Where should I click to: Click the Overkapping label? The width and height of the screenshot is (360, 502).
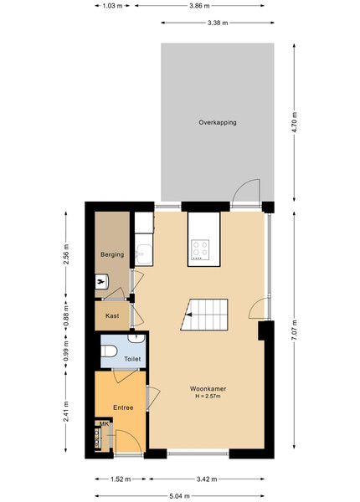pyautogui.click(x=218, y=123)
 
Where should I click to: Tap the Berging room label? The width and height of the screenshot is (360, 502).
pyautogui.click(x=112, y=255)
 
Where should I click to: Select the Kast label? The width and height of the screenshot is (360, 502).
pyautogui.click(x=112, y=315)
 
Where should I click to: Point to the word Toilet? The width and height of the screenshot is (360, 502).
pyautogui.click(x=132, y=359)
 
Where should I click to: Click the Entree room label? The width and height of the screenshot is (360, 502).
pyautogui.click(x=123, y=407)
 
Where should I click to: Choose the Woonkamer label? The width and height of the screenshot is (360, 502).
pyautogui.click(x=208, y=389)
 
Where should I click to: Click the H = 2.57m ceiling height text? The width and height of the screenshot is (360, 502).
pyautogui.click(x=208, y=397)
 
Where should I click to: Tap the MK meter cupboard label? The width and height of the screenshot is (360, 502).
pyautogui.click(x=104, y=424)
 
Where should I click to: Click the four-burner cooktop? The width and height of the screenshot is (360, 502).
pyautogui.click(x=200, y=249)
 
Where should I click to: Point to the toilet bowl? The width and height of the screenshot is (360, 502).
pyautogui.click(x=109, y=351)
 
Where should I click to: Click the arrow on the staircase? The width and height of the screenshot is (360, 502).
pyautogui.click(x=189, y=315)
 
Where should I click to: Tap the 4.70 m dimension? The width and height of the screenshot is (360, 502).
pyautogui.click(x=295, y=123)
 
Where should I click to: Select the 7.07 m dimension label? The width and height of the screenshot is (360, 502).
pyautogui.click(x=295, y=330)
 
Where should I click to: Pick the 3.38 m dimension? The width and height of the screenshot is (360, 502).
pyautogui.click(x=218, y=23)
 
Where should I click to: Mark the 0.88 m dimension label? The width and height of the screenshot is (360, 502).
pyautogui.click(x=66, y=316)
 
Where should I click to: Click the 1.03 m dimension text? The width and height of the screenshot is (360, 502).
pyautogui.click(x=112, y=6)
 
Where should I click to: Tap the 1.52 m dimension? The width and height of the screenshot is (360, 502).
pyautogui.click(x=121, y=479)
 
